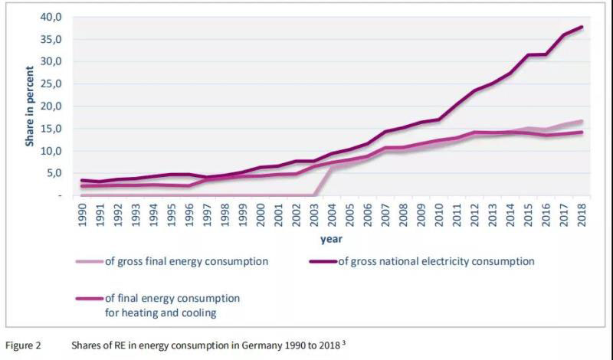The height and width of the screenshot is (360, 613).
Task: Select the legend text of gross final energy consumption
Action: click(x=186, y=261)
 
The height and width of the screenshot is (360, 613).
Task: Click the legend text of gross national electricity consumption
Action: click(x=436, y=261)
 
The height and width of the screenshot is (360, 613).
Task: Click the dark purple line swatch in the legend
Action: click(x=321, y=262)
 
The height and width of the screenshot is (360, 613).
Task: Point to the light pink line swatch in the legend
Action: click(x=90, y=262)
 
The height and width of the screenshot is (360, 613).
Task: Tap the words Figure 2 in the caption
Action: click(x=24, y=345)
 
